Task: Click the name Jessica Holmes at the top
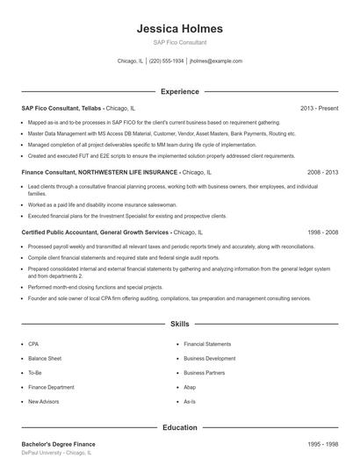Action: click(x=179, y=29)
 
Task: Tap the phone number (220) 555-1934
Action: click(x=167, y=61)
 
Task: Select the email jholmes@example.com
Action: click(x=216, y=61)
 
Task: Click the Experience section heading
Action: click(x=179, y=91)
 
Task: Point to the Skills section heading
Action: click(x=179, y=324)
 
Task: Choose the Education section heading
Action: click(x=179, y=427)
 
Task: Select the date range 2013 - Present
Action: click(x=319, y=108)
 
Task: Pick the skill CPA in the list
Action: click(x=33, y=344)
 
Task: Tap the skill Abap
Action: click(x=190, y=387)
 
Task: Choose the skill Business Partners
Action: click(x=204, y=372)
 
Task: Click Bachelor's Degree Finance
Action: click(x=58, y=444)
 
